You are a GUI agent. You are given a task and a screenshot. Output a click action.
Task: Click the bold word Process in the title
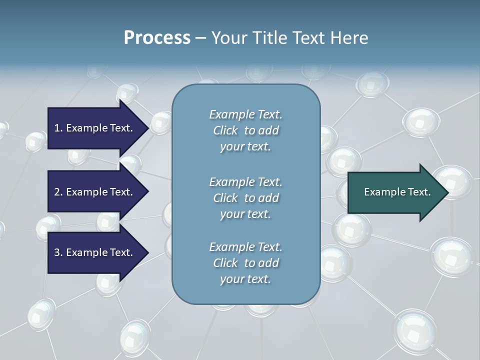click(x=157, y=38)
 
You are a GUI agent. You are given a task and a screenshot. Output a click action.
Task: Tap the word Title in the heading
click(x=269, y=38)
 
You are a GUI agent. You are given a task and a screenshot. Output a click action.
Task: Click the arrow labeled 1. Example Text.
click(x=95, y=128)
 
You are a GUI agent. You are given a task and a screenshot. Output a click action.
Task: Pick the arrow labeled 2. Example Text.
click(x=95, y=192)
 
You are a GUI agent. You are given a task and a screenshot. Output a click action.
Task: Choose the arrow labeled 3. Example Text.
click(x=95, y=252)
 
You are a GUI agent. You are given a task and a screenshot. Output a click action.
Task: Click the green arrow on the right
click(x=395, y=192)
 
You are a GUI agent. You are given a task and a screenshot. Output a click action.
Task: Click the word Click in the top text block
click(x=225, y=130)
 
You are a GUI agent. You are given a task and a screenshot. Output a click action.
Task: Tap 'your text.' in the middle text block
click(x=245, y=214)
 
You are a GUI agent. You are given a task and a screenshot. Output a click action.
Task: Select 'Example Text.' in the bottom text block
click(x=245, y=247)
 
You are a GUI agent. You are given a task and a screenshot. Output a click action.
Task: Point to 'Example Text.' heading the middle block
click(x=245, y=182)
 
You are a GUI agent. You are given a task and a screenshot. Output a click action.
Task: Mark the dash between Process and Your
click(x=200, y=38)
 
